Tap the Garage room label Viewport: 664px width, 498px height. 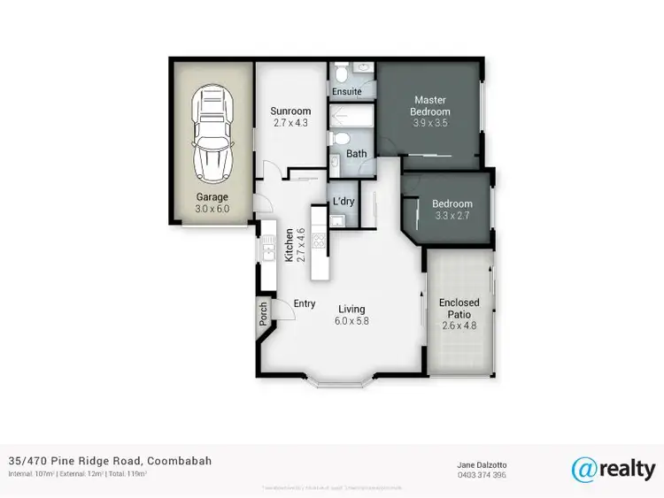(x=212, y=197)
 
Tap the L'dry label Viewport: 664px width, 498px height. (x=344, y=202)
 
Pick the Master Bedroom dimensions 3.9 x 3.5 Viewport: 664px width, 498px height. (x=429, y=124)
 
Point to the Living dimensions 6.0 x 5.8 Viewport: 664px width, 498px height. (x=351, y=321)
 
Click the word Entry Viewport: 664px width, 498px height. (x=305, y=304)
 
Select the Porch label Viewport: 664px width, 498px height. (x=263, y=314)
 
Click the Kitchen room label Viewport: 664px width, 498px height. (x=289, y=244)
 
